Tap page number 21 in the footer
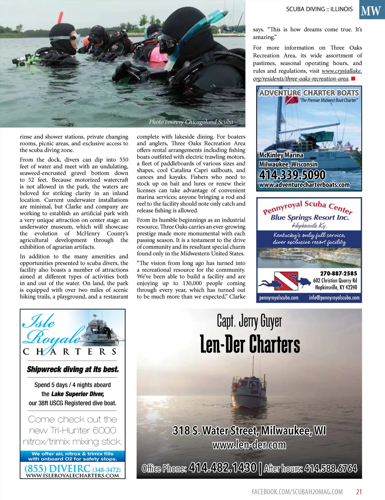(x=359, y=492)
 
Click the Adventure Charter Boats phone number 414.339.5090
(x=292, y=175)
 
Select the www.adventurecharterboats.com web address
(x=304, y=185)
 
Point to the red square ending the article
(x=353, y=79)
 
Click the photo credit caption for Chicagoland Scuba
(x=191, y=122)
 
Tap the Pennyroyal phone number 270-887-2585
(x=338, y=274)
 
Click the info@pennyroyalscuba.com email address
(x=334, y=298)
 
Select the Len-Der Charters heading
(x=250, y=344)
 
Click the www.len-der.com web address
(x=249, y=445)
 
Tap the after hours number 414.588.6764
(x=330, y=468)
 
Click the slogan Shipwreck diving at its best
(x=73, y=369)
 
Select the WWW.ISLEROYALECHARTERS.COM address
(x=72, y=476)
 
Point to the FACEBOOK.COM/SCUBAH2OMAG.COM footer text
(x=297, y=492)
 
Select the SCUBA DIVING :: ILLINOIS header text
(x=319, y=9)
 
